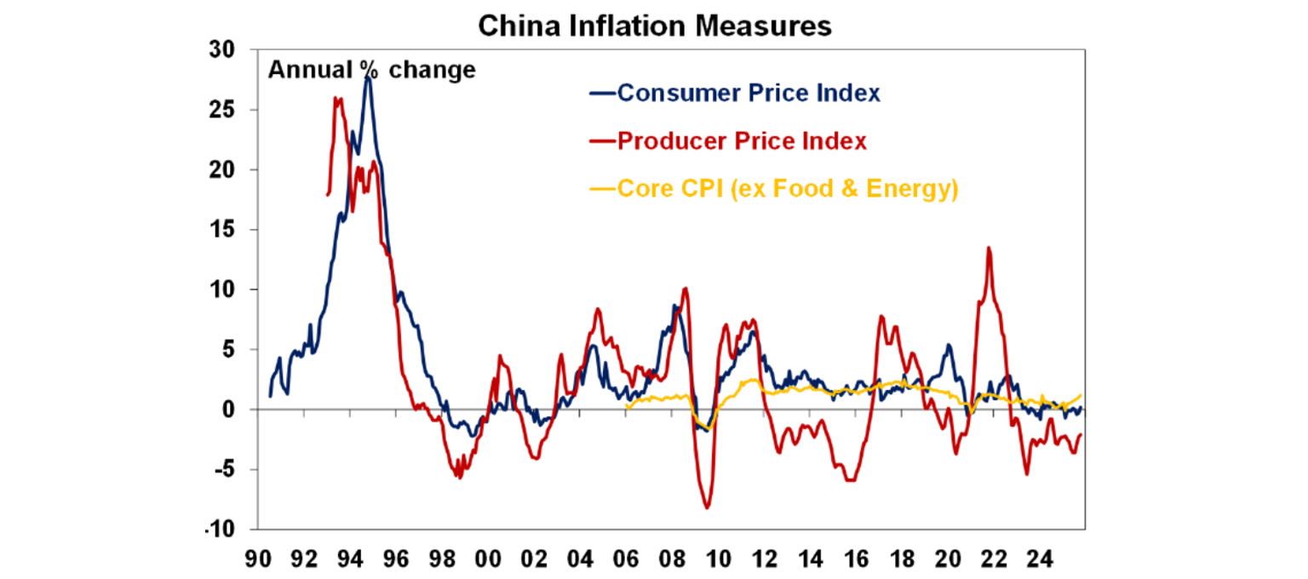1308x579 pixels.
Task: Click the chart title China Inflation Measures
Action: (654, 26)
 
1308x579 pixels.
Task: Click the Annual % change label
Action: (372, 70)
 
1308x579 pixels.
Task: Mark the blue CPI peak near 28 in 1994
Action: (368, 77)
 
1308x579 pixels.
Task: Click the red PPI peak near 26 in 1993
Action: (336, 98)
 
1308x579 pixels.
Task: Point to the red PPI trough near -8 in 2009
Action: (707, 508)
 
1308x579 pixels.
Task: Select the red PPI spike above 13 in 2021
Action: (988, 248)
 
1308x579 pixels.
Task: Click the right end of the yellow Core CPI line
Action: (1081, 395)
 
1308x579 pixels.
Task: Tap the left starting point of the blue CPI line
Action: (270, 396)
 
